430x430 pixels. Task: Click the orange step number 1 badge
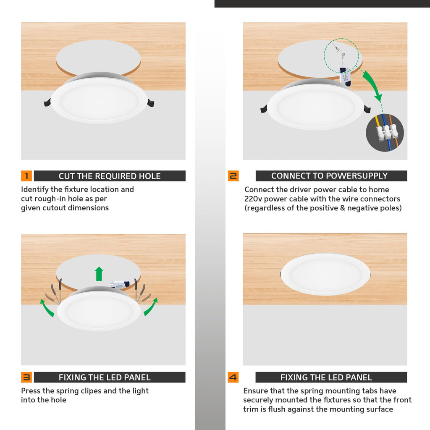tap(26, 176)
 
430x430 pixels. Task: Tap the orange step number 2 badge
tap(233, 176)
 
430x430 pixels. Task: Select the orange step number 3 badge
tap(26, 377)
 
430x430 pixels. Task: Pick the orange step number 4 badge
tap(233, 377)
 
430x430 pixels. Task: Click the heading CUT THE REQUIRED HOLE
tap(110, 176)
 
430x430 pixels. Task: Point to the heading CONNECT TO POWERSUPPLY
tap(329, 176)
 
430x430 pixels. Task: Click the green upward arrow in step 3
tap(99, 273)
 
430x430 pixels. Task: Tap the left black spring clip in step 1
tap(47, 102)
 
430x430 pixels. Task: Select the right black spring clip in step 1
tap(150, 102)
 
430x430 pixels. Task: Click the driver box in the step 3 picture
tap(120, 285)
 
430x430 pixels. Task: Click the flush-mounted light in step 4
tap(325, 274)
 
